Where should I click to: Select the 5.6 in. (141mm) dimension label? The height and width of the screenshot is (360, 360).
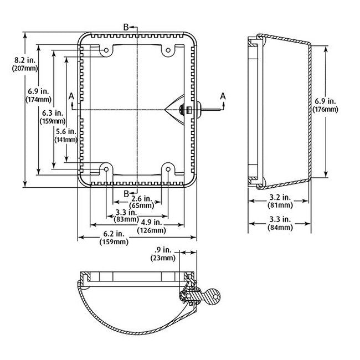tap(66, 136)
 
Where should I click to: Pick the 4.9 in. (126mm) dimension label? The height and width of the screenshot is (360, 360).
tap(151, 227)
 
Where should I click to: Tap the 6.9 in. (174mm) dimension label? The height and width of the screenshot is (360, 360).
tap(38, 95)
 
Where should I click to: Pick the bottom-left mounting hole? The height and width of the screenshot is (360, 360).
tap(106, 168)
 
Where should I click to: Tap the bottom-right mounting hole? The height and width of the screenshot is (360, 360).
tap(167, 168)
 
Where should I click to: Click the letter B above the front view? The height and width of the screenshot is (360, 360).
tap(126, 27)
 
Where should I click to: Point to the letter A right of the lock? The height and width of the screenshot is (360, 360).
tap(223, 96)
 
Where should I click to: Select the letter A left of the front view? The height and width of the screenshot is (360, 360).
tap(71, 96)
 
